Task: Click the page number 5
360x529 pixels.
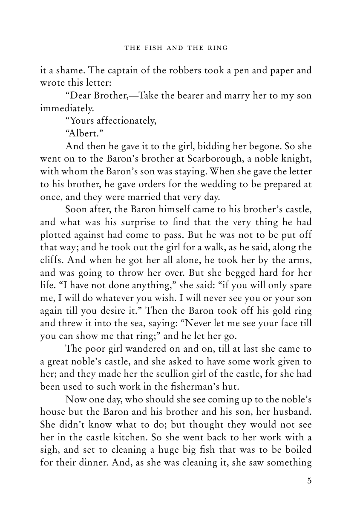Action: tap(309, 480)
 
